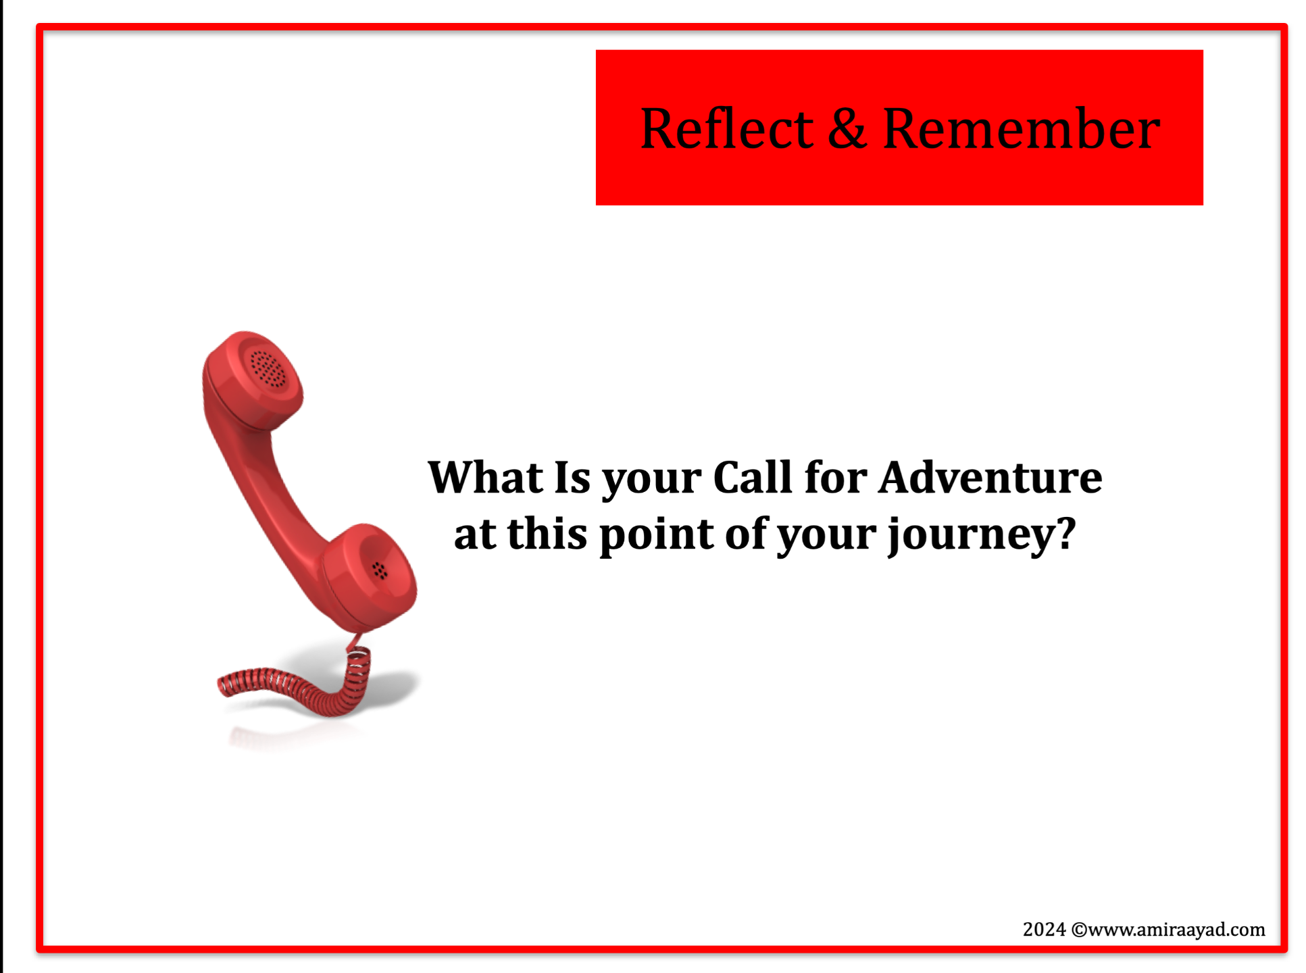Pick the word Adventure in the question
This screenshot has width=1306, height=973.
[990, 477]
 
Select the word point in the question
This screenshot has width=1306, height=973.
[656, 534]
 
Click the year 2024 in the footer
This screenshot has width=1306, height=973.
[1044, 930]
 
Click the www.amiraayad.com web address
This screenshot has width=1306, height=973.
[1176, 930]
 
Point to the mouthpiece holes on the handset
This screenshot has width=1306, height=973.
[380, 571]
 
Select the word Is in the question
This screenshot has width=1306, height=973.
[572, 477]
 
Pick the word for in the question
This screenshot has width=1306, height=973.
[835, 477]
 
